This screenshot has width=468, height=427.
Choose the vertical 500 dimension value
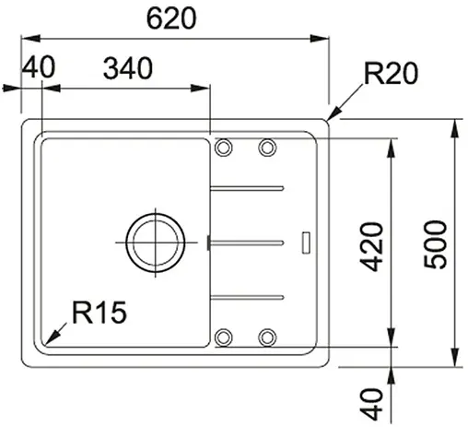439,243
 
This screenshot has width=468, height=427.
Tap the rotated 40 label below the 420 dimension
371,401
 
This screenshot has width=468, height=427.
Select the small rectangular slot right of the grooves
307,242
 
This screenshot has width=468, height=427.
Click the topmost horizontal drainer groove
246,188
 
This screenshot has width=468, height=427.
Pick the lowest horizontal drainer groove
246,296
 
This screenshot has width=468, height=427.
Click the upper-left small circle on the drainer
223,147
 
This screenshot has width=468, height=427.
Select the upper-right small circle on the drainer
267,147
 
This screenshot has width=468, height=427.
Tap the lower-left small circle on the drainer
223,337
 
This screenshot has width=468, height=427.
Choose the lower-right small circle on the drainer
267,337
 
